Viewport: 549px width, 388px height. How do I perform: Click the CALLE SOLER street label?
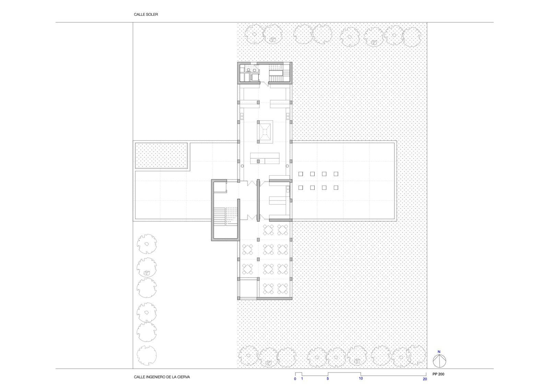click(146, 14)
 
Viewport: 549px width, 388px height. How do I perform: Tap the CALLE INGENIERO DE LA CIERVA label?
click(162, 377)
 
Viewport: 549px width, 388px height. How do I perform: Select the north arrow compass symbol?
click(439, 361)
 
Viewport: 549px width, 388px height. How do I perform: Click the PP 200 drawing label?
click(439, 374)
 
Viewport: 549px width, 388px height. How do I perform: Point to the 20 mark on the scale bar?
click(425, 379)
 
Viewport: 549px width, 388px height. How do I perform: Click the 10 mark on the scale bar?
click(361, 378)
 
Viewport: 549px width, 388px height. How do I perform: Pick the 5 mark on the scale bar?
click(328, 379)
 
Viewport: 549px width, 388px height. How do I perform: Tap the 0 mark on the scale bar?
click(295, 379)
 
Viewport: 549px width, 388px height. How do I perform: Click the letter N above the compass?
click(439, 352)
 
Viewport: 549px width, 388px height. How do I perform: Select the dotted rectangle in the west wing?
click(162, 156)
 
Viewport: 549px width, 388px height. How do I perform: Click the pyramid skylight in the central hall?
click(265, 132)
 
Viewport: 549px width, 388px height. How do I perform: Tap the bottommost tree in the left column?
click(147, 355)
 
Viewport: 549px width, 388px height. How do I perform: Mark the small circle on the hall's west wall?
click(242, 166)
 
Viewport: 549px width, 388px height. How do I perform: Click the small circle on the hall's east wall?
click(287, 166)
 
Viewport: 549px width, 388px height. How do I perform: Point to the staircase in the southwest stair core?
click(225, 217)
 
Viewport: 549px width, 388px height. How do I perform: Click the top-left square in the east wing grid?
click(301, 174)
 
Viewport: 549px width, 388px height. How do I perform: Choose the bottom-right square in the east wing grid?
click(336, 188)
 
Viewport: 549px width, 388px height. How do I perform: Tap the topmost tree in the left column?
click(147, 244)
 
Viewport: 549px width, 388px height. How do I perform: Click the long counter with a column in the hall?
click(265, 158)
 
